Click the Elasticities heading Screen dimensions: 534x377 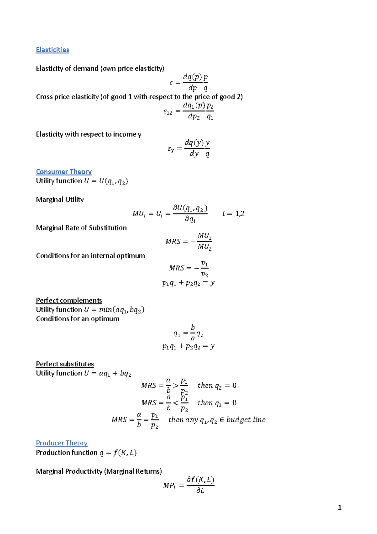click(52, 50)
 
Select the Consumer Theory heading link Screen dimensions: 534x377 click(64, 172)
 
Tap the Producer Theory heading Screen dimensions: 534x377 click(62, 443)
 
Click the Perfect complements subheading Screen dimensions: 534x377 click(69, 300)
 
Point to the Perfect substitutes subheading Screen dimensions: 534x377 click(65, 364)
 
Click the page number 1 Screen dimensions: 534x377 click(339, 507)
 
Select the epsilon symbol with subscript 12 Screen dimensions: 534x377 click(168, 112)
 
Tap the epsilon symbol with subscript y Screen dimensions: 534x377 click(171, 149)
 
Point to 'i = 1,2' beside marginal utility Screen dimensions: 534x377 click(233, 214)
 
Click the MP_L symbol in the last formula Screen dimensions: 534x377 click(170, 486)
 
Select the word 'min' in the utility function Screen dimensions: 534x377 click(105, 310)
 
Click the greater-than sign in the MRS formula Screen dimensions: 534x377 click(176, 386)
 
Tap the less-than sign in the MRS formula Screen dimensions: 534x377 click(176, 403)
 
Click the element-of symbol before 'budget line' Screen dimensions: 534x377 click(222, 420)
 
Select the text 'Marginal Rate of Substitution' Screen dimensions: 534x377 click(81, 228)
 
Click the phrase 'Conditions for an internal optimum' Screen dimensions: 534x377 click(90, 256)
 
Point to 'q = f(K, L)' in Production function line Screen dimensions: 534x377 click(118, 453)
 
